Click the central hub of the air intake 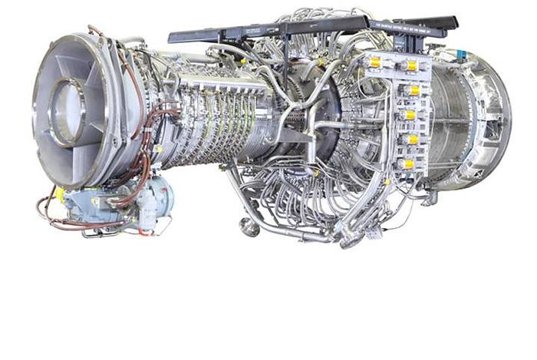(x=68, y=113)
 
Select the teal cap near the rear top (x=460, y=54)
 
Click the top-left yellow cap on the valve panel (x=375, y=61)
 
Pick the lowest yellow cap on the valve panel (x=408, y=164)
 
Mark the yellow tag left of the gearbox (x=59, y=193)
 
